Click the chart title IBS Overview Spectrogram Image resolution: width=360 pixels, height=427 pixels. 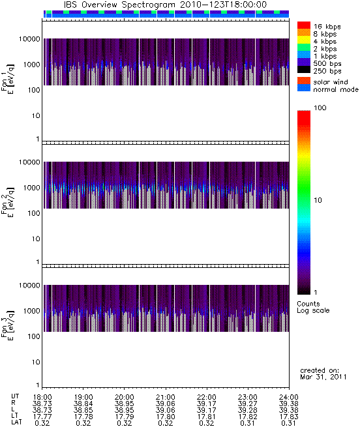click(x=119, y=5)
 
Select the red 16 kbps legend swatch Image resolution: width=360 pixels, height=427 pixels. click(x=304, y=25)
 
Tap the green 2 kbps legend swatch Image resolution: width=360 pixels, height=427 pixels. click(x=304, y=48)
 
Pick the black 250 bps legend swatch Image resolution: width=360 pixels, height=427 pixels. click(x=304, y=70)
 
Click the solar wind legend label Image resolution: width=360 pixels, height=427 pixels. click(x=331, y=82)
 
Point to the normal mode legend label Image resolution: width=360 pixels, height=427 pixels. click(x=336, y=89)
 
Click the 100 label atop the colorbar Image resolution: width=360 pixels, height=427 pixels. click(x=320, y=108)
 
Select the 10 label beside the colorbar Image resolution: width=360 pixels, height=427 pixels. click(x=318, y=200)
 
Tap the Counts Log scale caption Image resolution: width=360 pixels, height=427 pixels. click(x=313, y=307)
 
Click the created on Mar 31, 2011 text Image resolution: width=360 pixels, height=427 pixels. click(x=323, y=374)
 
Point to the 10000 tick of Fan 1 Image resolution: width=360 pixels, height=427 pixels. click(x=29, y=39)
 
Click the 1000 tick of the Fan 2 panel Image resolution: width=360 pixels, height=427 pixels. click(x=31, y=188)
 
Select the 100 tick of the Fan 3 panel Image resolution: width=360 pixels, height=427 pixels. click(x=33, y=336)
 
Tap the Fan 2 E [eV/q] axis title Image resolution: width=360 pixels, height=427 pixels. click(x=8, y=202)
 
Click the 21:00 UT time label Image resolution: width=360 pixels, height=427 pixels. click(x=166, y=397)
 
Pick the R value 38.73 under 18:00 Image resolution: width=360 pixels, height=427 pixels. click(x=42, y=404)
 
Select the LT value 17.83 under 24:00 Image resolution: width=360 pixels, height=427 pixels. click(x=289, y=417)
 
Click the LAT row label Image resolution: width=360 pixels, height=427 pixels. click(x=16, y=422)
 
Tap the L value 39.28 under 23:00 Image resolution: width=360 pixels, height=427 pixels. click(x=247, y=410)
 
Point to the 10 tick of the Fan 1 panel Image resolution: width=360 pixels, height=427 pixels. click(x=36, y=116)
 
